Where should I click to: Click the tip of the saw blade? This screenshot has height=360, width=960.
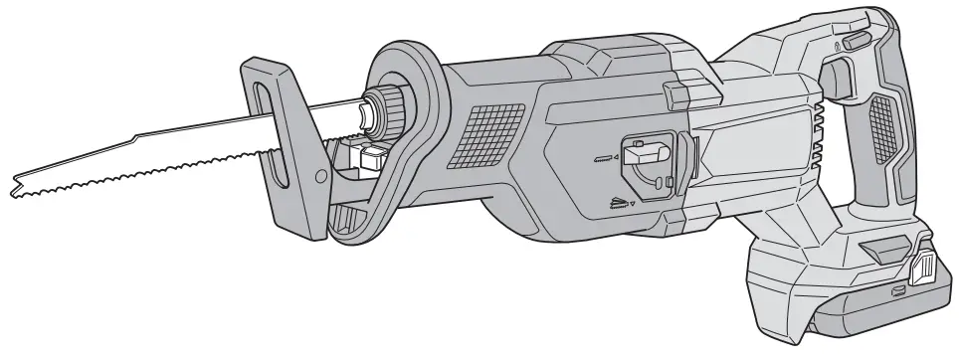point(14,185)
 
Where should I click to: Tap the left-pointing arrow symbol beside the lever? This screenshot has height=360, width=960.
point(616,156)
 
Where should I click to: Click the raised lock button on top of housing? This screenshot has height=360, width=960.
point(676,94)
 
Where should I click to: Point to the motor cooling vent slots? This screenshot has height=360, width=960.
point(818,139)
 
